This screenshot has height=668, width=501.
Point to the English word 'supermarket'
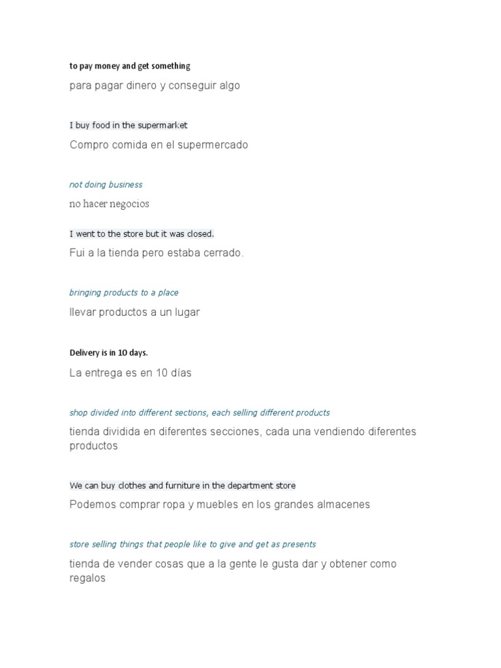[x=162, y=125]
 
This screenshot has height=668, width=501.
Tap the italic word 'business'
[x=126, y=185]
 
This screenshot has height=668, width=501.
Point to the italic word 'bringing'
[x=85, y=293]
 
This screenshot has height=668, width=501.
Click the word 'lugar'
[x=185, y=312]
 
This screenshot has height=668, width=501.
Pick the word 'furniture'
[x=174, y=485]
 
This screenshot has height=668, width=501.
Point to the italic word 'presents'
[x=299, y=544]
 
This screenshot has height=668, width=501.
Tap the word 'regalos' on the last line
[x=87, y=578]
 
